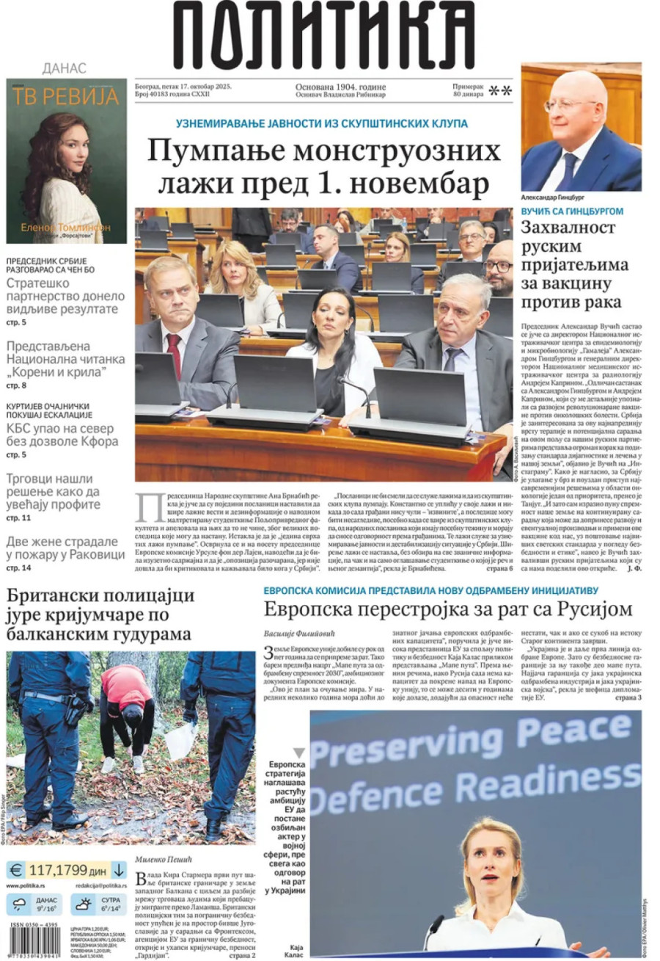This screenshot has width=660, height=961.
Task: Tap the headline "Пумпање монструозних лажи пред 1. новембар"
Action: (323, 167)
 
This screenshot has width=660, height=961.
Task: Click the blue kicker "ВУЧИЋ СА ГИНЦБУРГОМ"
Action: (572, 211)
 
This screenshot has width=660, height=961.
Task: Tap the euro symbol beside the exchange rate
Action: (16, 871)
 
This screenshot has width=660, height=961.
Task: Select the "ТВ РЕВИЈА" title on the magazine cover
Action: (66, 96)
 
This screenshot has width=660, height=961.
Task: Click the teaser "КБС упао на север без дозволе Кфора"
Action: (62, 435)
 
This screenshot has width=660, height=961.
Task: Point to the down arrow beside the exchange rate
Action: (120, 871)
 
